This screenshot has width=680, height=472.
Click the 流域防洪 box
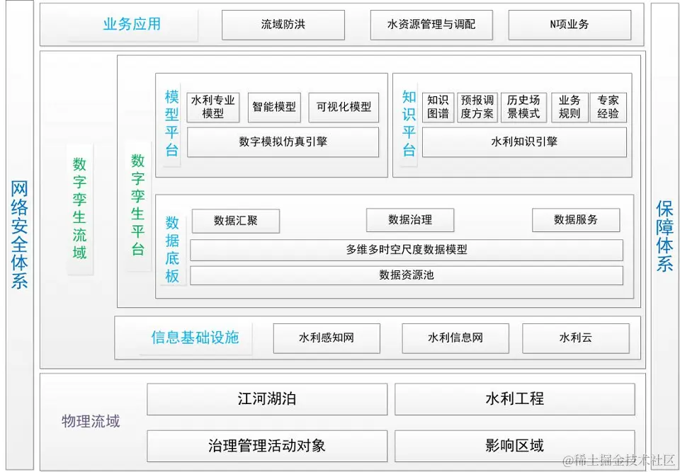283,25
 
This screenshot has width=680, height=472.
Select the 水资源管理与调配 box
431,25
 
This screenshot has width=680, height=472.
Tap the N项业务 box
569,25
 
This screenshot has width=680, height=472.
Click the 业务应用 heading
132,24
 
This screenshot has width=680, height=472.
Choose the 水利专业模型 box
212,107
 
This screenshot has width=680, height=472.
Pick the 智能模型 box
274,107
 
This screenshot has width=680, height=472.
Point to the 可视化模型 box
344,107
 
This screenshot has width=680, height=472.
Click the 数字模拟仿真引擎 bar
283,142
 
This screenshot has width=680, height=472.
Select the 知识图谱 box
438,107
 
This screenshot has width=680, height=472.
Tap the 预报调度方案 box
477,107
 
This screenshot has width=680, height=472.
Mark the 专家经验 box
608,107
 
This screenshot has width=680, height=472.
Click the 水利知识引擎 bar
524,142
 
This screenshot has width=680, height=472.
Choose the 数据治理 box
409,220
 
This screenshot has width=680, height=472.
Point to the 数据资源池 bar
406,275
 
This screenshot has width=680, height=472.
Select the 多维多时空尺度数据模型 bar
406,250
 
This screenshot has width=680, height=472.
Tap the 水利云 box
575,338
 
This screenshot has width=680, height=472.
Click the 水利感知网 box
327,338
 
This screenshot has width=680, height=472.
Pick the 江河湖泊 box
267,399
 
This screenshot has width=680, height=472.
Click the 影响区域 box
514,446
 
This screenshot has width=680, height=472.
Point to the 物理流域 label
91,422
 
